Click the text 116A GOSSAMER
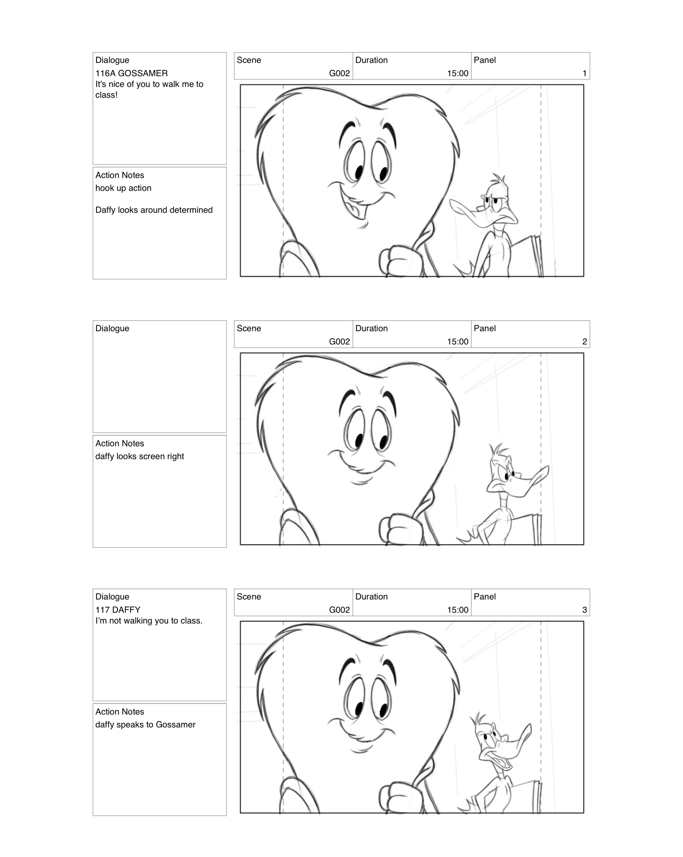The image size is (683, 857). pos(131,73)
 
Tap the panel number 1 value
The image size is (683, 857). pos(584,73)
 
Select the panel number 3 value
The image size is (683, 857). pos(584,610)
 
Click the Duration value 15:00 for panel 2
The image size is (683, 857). pos(457,342)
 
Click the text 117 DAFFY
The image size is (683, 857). pos(118,610)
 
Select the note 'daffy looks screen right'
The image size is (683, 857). pos(139,456)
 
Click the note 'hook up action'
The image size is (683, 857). pos(123,188)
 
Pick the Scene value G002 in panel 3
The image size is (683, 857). pos(339,610)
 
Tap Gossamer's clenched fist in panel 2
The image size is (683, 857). pos(395,528)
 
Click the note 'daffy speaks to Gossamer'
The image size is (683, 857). pos(145,725)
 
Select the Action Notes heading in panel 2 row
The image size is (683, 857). pos(120,443)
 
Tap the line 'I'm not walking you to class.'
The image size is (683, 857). pos(149,621)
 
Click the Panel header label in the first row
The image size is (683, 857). pos(484,60)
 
